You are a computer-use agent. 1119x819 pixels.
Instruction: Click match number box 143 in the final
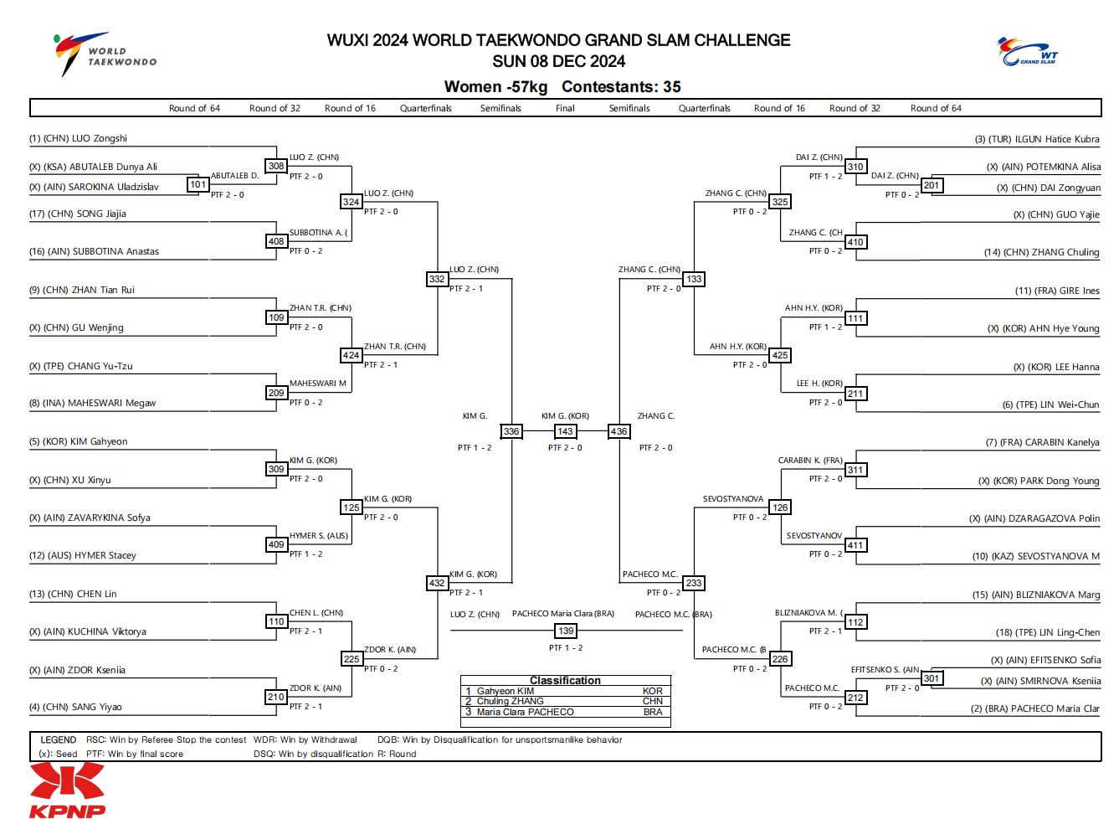point(565,431)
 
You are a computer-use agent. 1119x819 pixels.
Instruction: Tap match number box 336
point(511,431)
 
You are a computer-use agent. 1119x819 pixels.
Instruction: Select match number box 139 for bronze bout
point(566,631)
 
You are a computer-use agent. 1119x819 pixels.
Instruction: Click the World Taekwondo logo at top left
point(105,54)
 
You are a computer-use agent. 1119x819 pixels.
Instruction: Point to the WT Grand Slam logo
point(1027,51)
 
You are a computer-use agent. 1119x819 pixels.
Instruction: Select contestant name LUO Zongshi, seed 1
point(100,138)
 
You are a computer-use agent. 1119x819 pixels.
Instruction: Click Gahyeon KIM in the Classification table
point(505,691)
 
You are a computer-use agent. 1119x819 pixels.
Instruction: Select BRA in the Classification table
point(653,712)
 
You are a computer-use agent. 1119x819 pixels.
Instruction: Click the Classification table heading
point(565,680)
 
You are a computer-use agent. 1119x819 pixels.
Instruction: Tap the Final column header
point(565,108)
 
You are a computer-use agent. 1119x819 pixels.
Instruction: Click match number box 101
point(198,184)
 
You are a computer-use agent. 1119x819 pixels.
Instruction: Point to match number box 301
point(932,678)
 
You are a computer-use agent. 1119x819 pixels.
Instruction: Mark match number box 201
point(932,185)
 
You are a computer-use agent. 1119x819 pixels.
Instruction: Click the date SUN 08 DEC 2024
point(558,61)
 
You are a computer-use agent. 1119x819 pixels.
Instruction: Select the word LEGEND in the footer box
point(59,739)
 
